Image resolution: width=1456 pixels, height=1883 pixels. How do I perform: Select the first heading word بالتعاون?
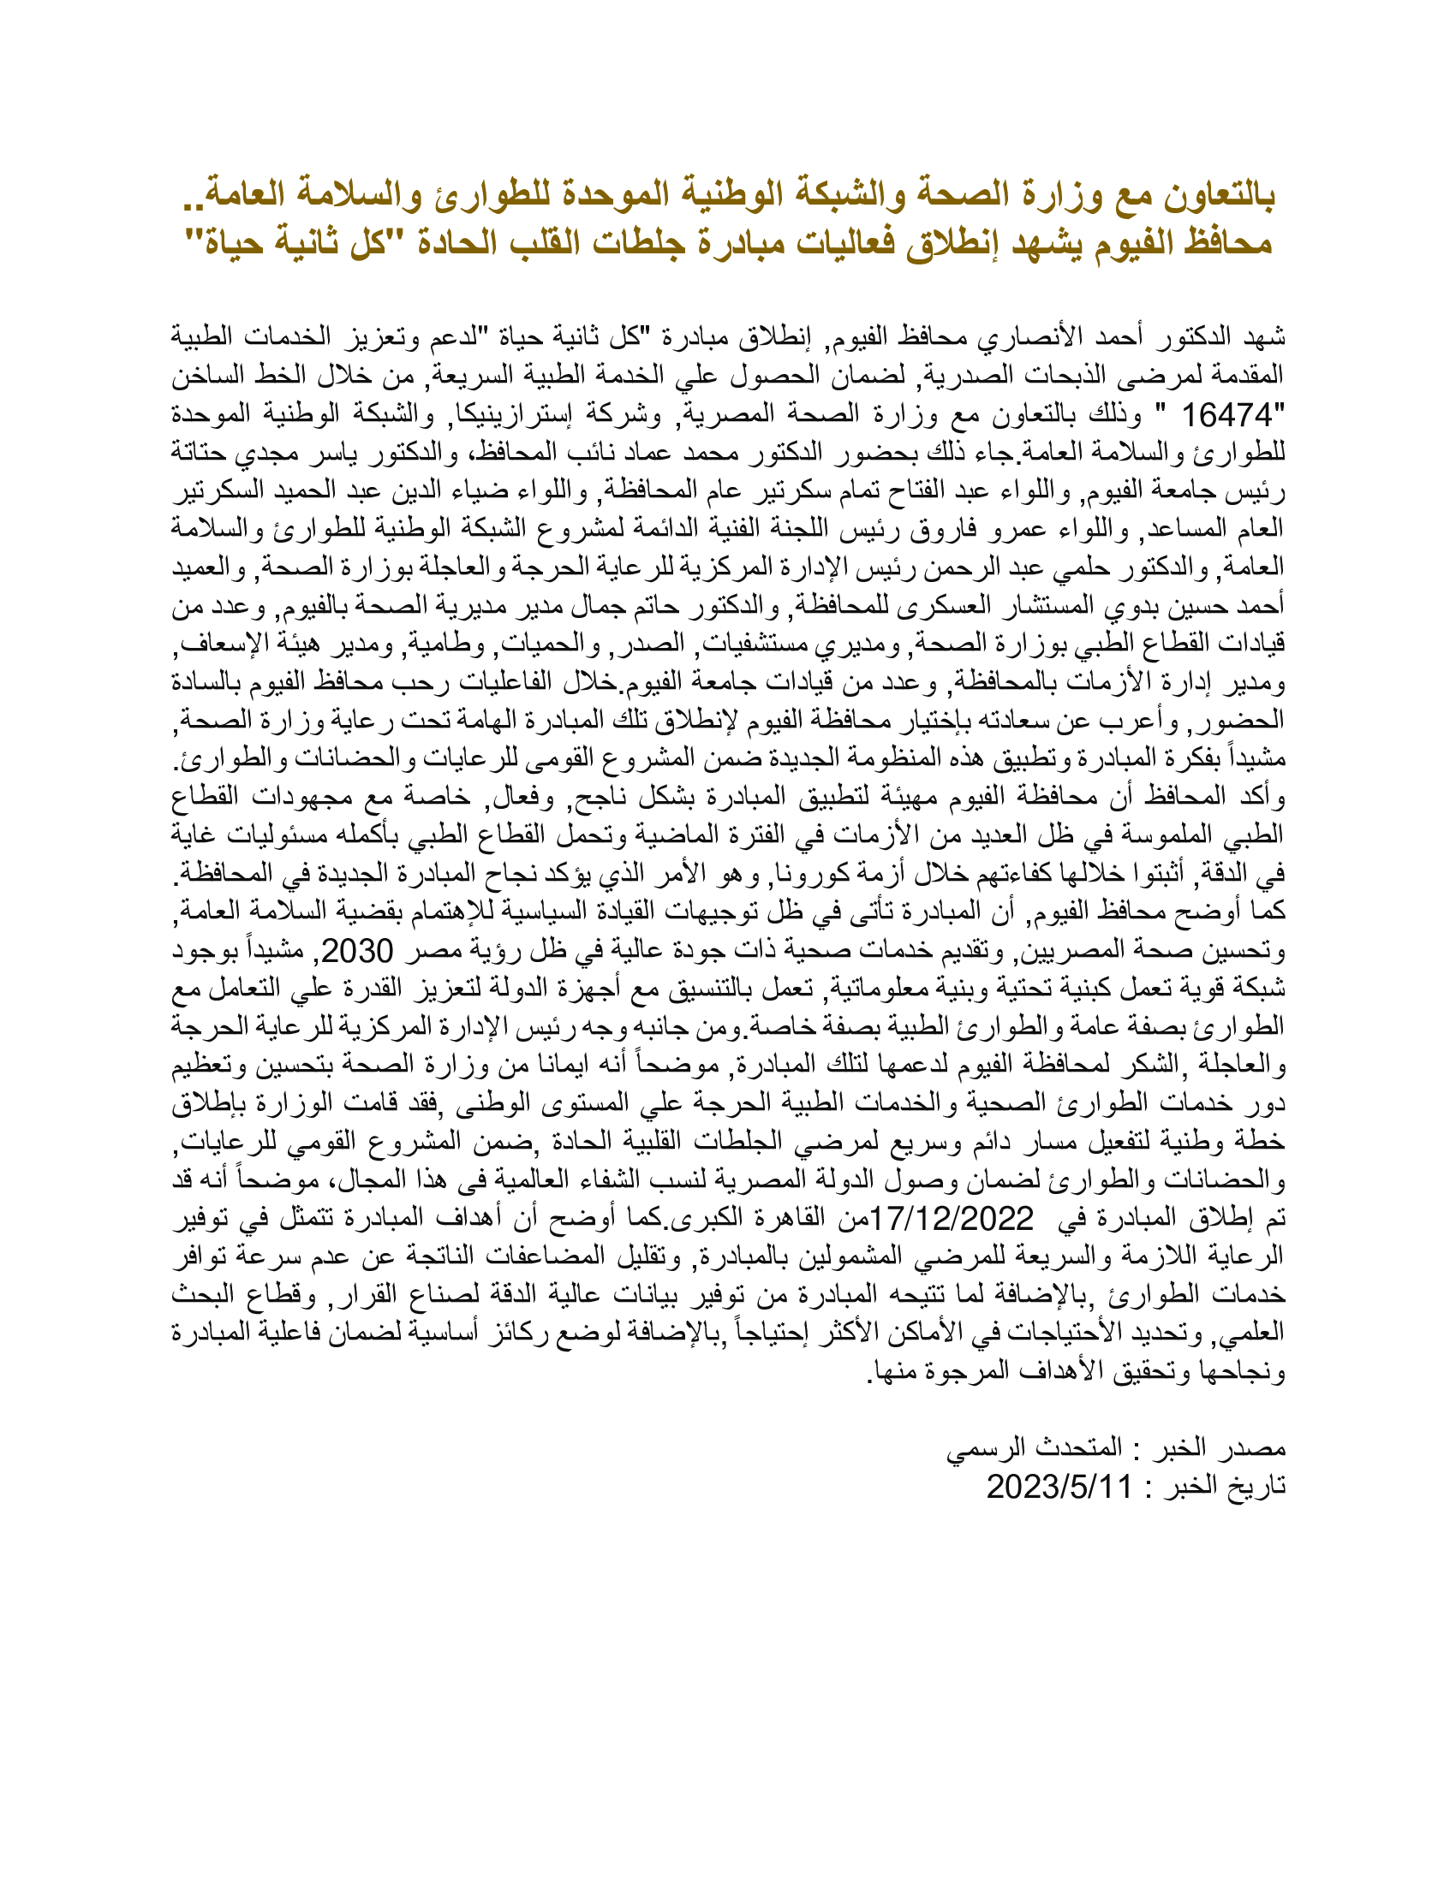pos(1219,196)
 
